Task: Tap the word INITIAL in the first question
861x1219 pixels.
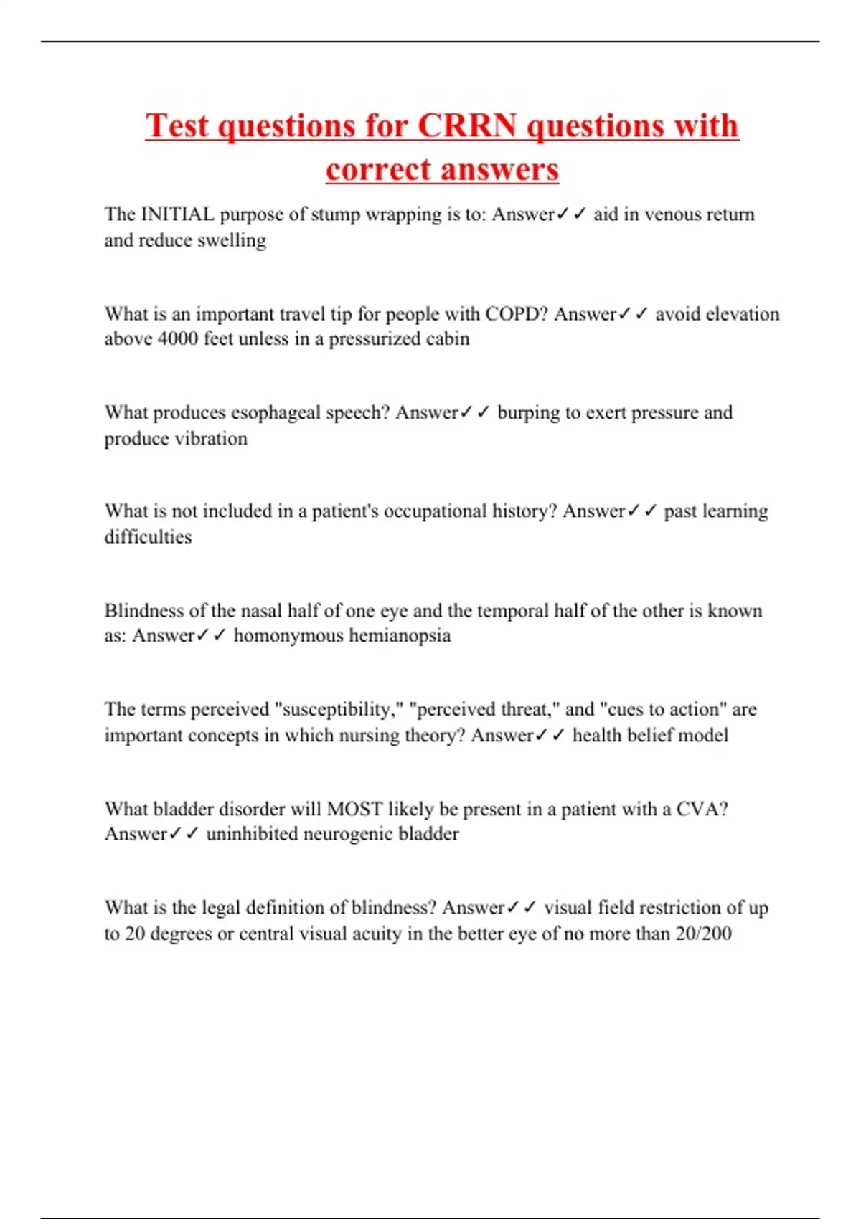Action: [177, 214]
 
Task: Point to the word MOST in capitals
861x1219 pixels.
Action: [354, 810]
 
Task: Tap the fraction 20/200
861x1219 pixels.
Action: [703, 934]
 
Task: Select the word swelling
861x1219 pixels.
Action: [231, 240]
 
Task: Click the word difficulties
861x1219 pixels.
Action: [148, 537]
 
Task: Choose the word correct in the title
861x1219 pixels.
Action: [379, 170]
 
